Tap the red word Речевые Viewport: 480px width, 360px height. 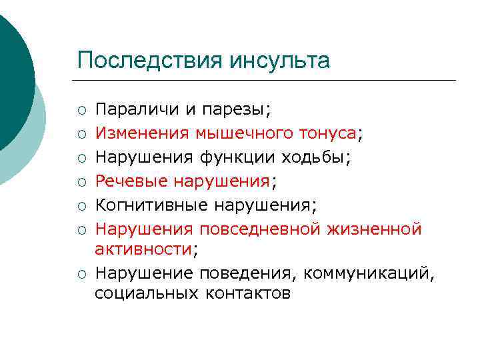pyautogui.click(x=131, y=181)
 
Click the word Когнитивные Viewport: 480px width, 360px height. pyautogui.click(x=147, y=205)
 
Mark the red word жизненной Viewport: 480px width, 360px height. pyautogui.click(x=375, y=229)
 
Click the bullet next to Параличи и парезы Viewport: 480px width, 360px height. pyautogui.click(x=81, y=109)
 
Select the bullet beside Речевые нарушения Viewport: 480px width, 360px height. pyautogui.click(x=81, y=181)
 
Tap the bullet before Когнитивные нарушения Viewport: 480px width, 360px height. pyautogui.click(x=81, y=205)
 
